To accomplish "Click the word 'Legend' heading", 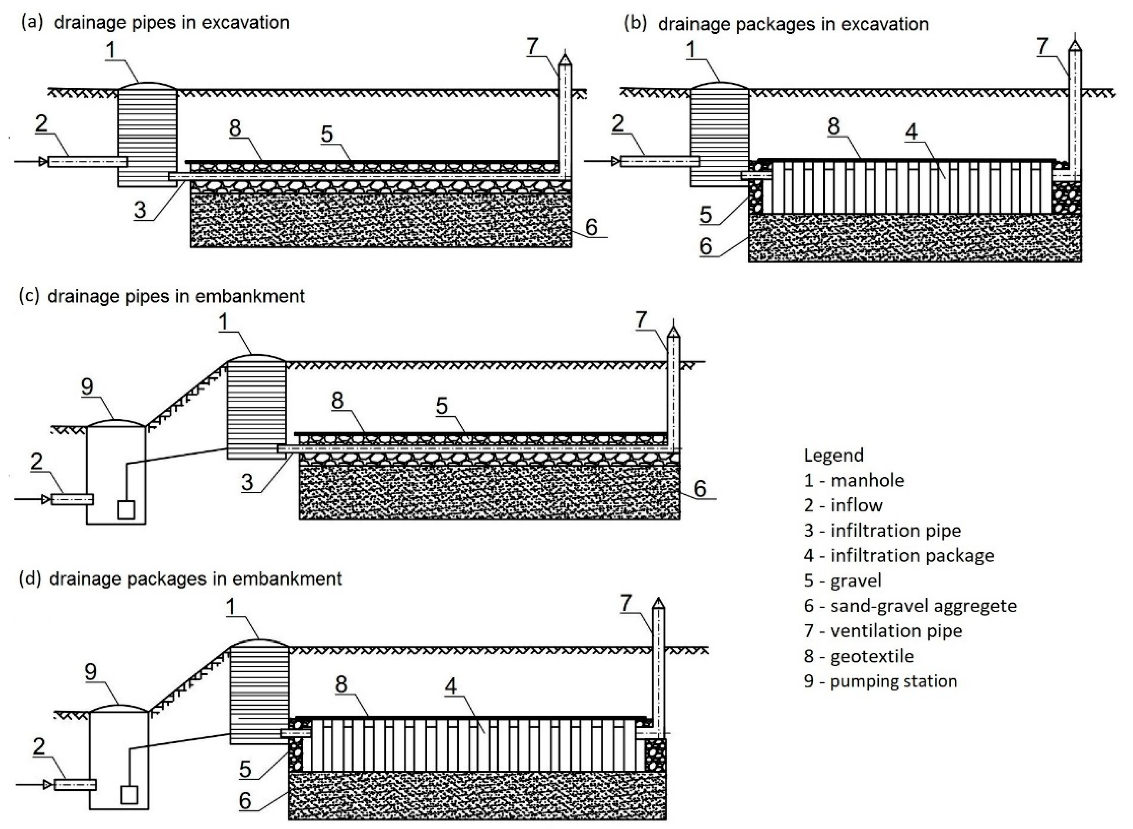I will [833, 455].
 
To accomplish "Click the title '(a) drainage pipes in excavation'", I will [155, 23].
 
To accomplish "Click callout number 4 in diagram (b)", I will [911, 132].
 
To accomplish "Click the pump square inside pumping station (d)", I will [129, 795].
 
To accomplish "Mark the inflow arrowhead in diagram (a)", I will [44, 162].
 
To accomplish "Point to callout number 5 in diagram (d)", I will [245, 768].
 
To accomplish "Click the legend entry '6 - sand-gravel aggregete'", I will [910, 606].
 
